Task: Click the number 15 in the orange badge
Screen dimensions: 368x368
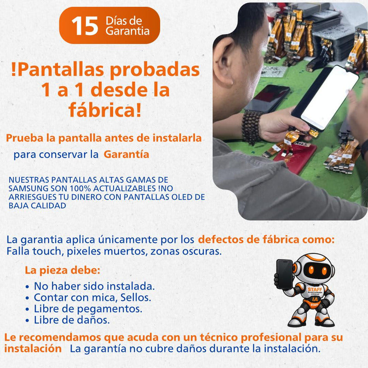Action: (x=85, y=26)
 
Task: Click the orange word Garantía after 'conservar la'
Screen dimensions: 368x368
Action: (x=126, y=155)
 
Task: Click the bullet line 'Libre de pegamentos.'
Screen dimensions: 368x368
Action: (x=88, y=308)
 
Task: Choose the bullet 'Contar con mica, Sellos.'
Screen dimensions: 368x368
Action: (x=92, y=297)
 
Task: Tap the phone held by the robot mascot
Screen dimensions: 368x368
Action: (x=284, y=274)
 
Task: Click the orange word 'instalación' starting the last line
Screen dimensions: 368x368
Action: (x=33, y=349)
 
